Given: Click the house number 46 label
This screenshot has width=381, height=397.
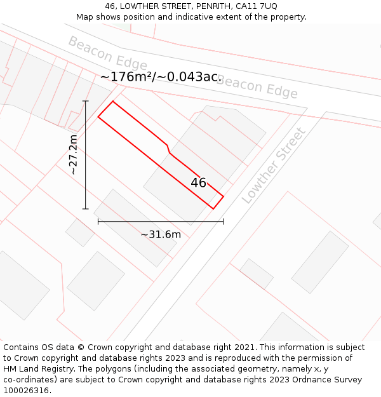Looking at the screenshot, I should [x=198, y=183].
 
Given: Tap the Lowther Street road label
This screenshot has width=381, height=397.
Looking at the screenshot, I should [x=274, y=165].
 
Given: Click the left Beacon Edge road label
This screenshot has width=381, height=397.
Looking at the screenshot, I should [x=107, y=53].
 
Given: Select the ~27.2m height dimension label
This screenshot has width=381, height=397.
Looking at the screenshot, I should [x=74, y=154].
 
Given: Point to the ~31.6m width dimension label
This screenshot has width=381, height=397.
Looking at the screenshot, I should [x=161, y=234].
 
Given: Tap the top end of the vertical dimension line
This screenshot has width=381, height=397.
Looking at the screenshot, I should [x=86, y=101].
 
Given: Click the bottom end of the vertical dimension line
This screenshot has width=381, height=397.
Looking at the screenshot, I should [x=86, y=208].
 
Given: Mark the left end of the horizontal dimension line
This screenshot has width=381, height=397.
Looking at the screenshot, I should [x=98, y=221].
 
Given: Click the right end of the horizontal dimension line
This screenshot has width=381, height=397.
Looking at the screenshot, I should [x=224, y=221].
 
